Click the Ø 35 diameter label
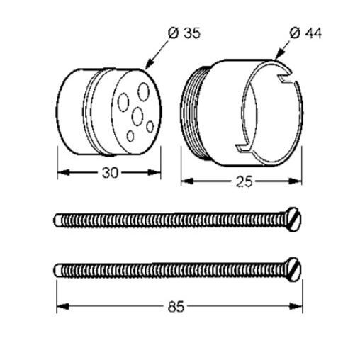pos(184,33)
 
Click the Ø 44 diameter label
pos(305,33)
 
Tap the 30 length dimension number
pos(110,173)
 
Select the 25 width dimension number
pos(244,182)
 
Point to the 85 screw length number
pos(176,307)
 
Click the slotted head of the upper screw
pos(293,220)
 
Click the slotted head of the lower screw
pos(293,269)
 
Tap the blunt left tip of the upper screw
pos(57,220)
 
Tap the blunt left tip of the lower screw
pos(57,270)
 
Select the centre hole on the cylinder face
pos(137,116)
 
